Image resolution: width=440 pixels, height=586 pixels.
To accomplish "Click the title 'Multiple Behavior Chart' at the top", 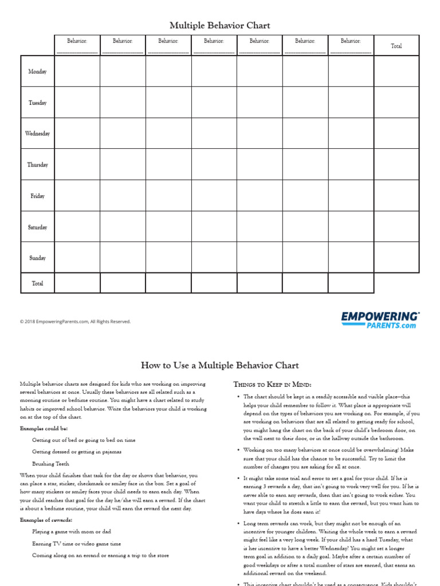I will (x=219, y=26).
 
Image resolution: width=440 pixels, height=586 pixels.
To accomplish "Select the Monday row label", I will (x=37, y=72).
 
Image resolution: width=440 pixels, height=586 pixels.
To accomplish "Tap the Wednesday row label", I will (x=37, y=133).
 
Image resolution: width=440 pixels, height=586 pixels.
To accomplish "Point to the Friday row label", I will (x=37, y=196).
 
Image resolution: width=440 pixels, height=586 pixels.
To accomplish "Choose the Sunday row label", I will (x=37, y=258).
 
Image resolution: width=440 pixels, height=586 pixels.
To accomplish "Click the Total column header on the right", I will (x=396, y=46).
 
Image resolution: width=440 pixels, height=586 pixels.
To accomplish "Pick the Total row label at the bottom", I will (x=37, y=283).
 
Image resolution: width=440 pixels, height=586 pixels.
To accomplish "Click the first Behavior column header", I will (x=77, y=41).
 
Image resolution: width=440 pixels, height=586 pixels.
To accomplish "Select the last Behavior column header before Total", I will (x=351, y=41).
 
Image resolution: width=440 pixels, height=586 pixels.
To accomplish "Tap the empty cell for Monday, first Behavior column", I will (x=77, y=72).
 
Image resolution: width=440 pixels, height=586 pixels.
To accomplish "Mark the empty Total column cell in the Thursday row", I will (x=396, y=165).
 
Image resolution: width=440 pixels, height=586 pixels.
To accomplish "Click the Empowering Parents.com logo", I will (x=380, y=320).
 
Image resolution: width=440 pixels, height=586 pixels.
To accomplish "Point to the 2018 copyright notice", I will (x=75, y=322).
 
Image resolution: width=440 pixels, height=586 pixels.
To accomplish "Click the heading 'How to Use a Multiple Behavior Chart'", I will (x=219, y=365).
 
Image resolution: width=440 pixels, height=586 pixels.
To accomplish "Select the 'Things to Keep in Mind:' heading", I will (x=272, y=384).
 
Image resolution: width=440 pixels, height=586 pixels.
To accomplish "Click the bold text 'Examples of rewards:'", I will (x=46, y=520).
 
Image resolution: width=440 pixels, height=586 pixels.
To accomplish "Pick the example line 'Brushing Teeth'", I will (x=50, y=464).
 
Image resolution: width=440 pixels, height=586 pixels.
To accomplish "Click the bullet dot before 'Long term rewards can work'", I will (x=237, y=523).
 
